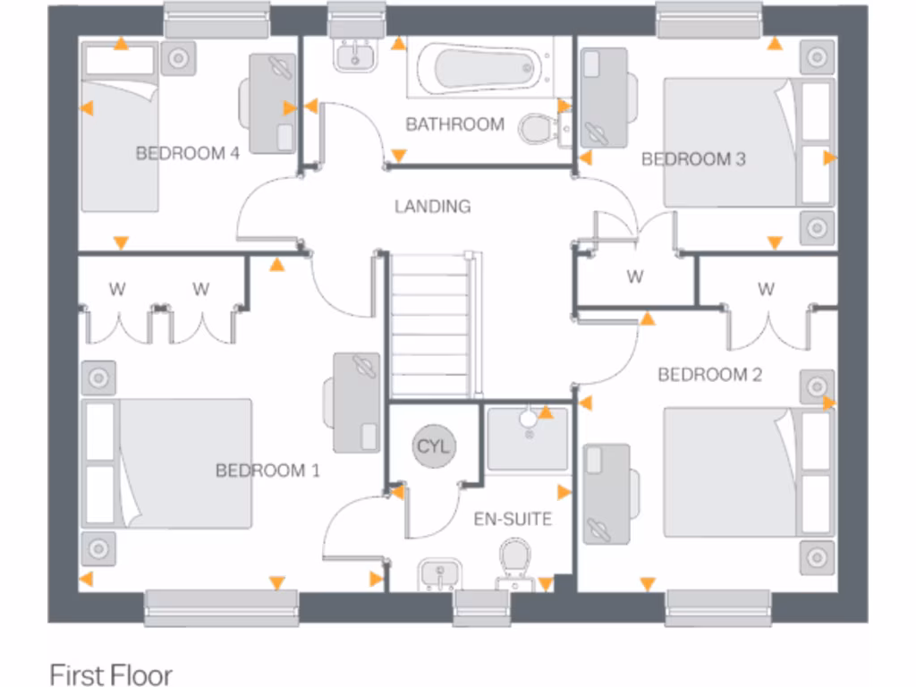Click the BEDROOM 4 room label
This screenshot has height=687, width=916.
[x=187, y=153]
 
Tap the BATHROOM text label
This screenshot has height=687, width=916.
[x=454, y=123]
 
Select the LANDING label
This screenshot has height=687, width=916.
[x=432, y=206]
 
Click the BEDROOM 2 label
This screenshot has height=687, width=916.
[x=709, y=374]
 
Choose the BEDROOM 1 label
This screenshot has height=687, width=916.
[x=267, y=470]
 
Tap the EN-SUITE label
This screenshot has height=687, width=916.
[x=513, y=518]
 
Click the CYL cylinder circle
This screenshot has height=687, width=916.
[x=434, y=445]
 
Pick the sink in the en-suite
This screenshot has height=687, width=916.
[x=437, y=572]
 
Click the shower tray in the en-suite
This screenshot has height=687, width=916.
[x=528, y=437]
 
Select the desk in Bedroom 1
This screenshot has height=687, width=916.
[x=356, y=402]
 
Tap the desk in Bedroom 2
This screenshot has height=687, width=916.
[x=606, y=492]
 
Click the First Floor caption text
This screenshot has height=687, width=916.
[x=110, y=674]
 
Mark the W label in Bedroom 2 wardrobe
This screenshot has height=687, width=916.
[x=766, y=289]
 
